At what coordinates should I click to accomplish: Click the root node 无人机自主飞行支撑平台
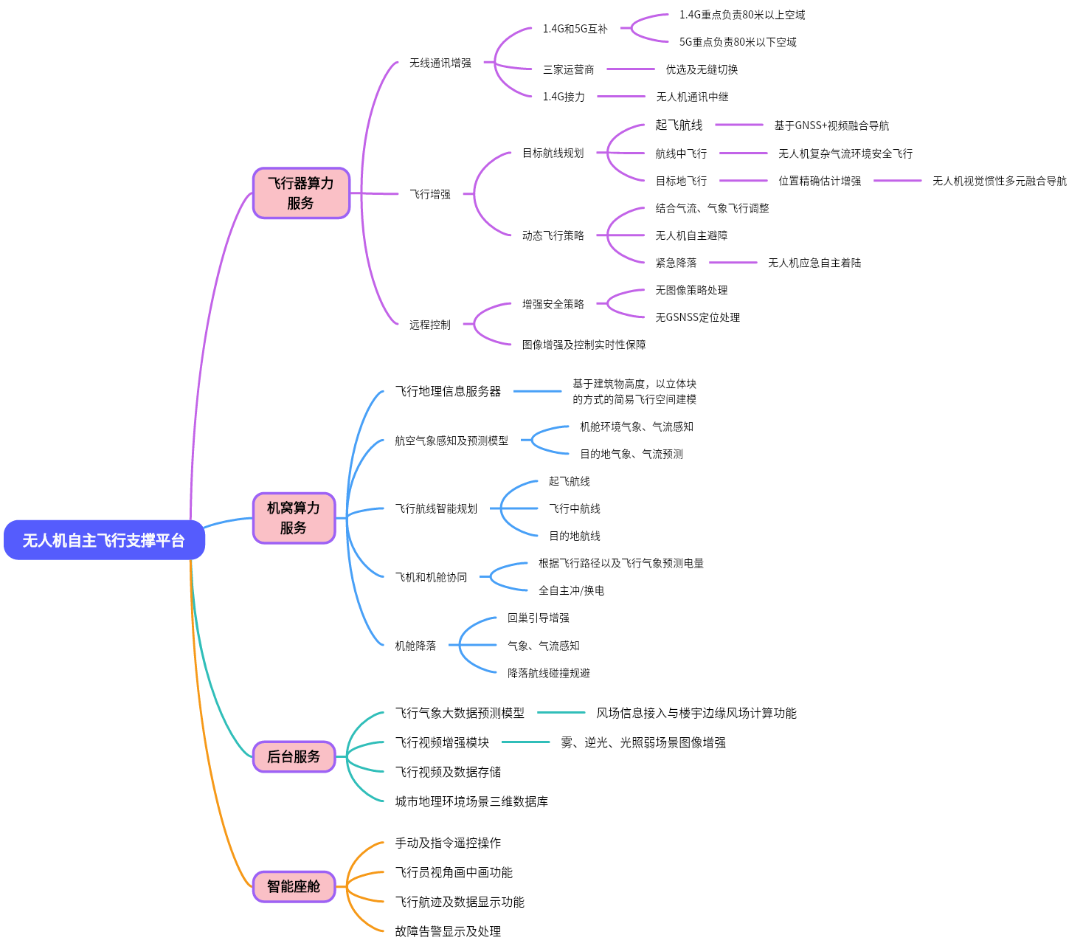coord(104,540)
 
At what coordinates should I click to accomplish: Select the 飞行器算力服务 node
coord(301,193)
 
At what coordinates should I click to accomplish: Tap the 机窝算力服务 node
coord(294,518)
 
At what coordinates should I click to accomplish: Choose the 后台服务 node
coord(294,756)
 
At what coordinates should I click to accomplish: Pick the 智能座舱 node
coord(294,886)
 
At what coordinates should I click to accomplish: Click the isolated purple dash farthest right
coord(897,181)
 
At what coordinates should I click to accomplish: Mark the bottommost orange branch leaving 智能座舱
coord(365,922)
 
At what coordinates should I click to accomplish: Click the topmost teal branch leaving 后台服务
coord(365,719)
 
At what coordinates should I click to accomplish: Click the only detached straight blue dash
coord(537,391)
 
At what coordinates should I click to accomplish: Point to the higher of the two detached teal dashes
coord(561,712)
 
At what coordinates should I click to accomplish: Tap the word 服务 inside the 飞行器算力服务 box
coord(301,203)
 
